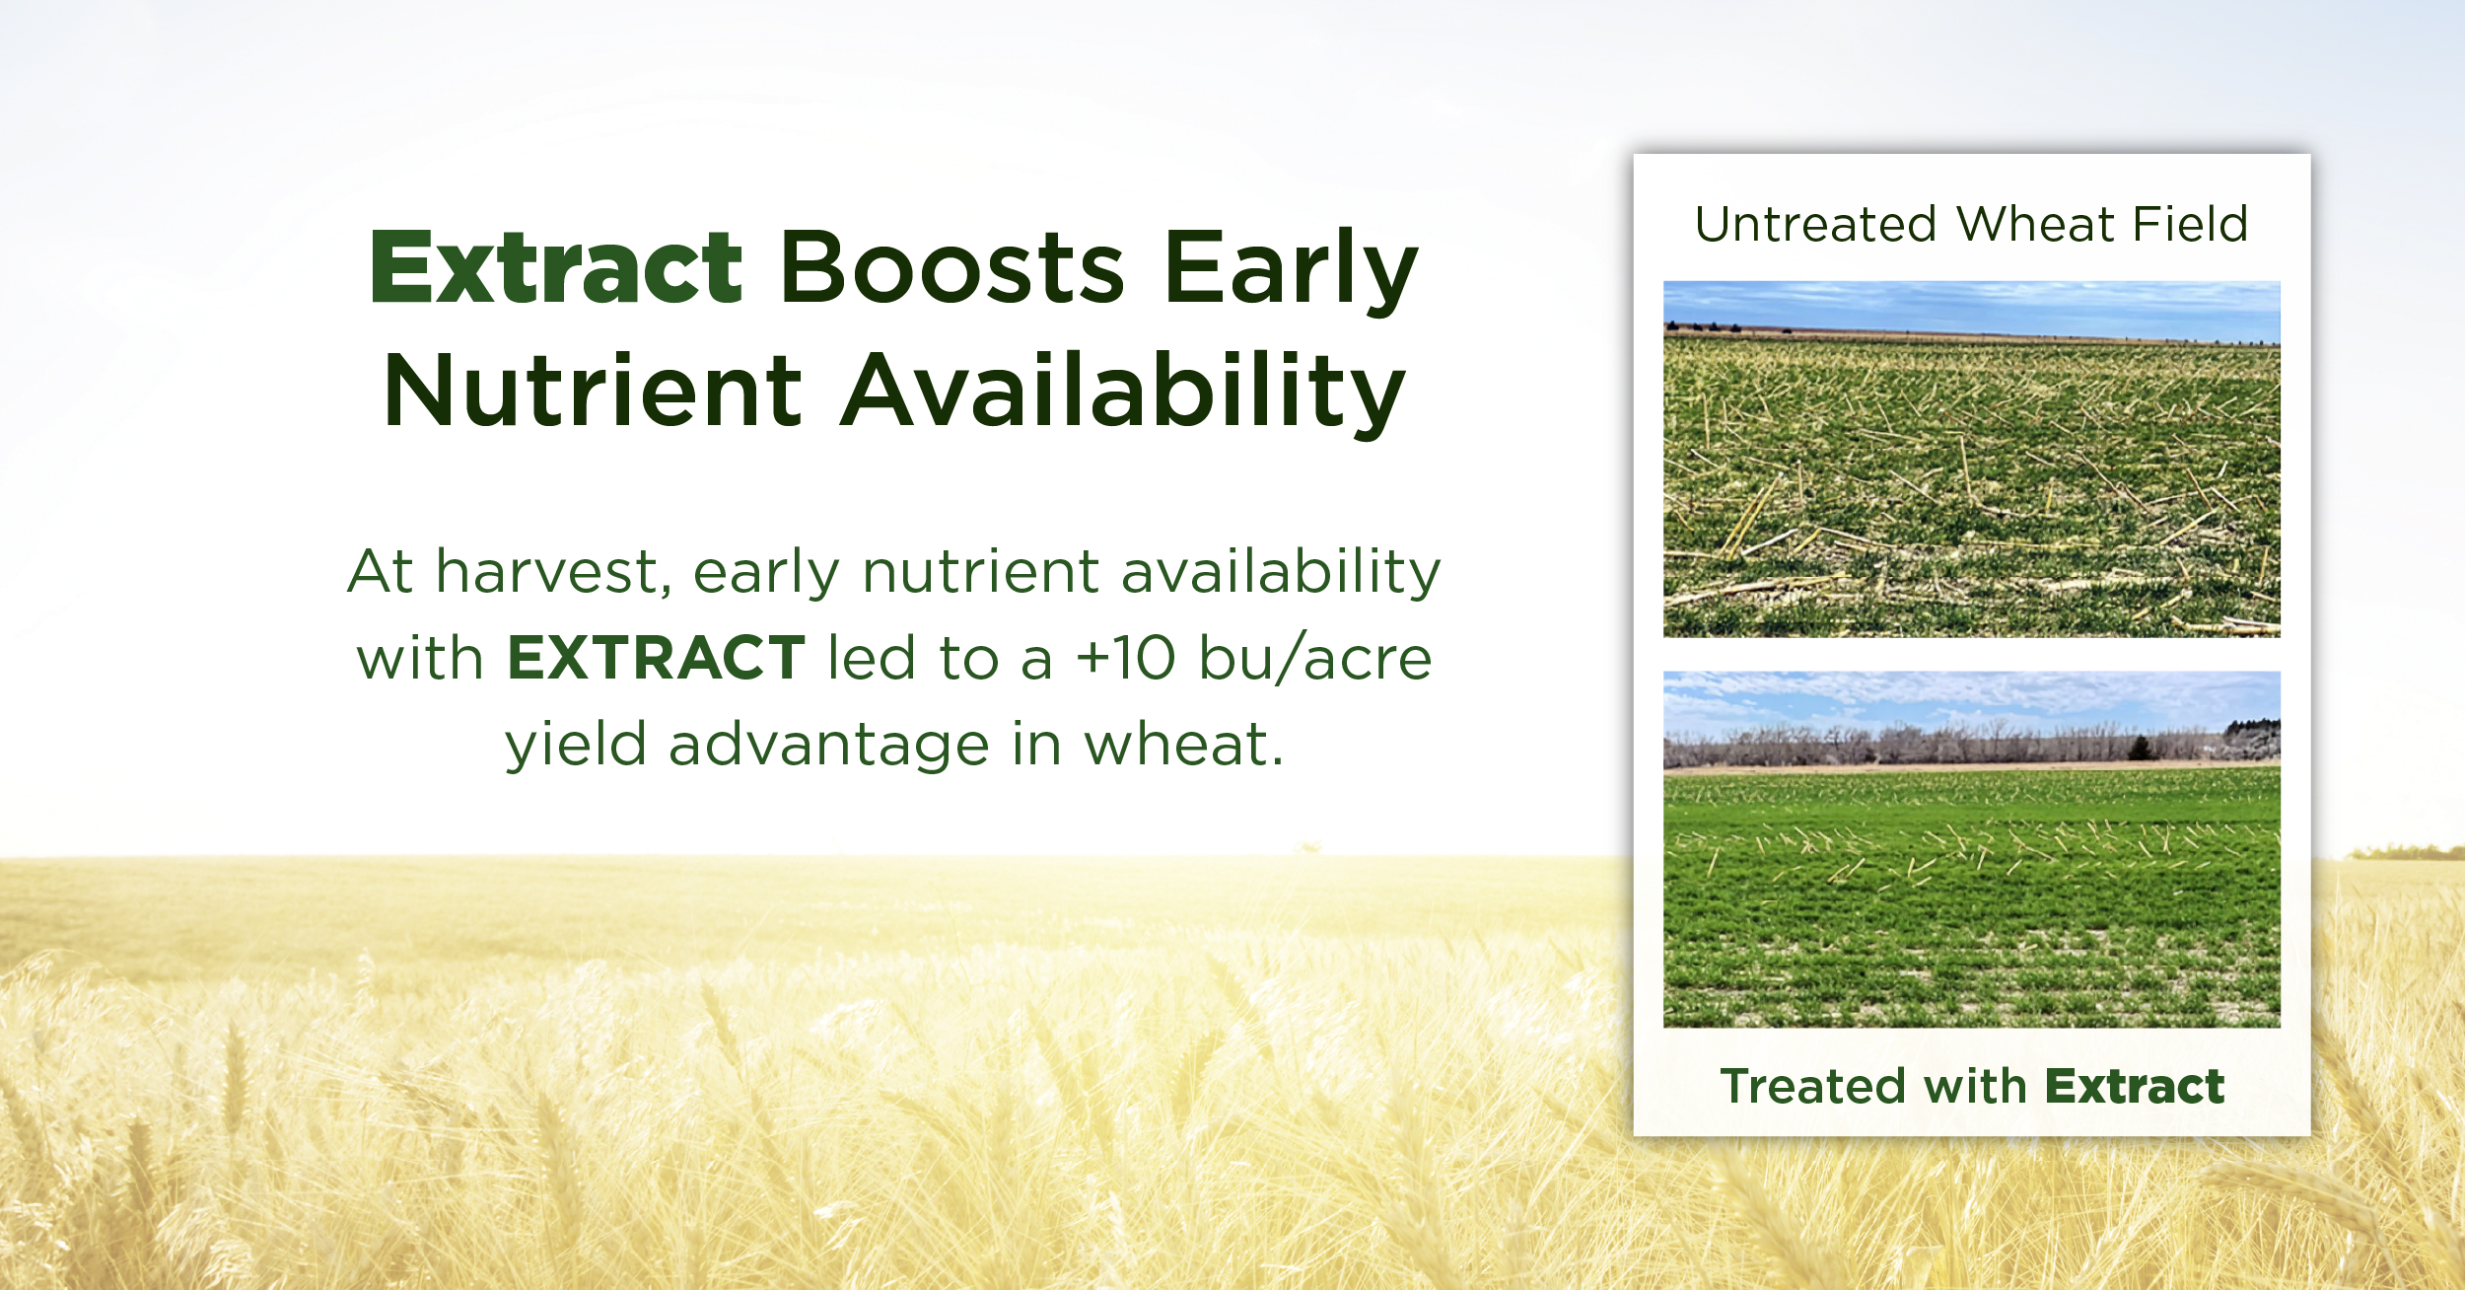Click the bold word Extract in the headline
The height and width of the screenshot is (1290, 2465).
[x=555, y=268]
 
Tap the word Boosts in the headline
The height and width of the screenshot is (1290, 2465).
[x=951, y=268]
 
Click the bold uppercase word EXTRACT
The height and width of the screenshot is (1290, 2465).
[x=656, y=659]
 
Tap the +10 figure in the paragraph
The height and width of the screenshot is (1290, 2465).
[x=1125, y=659]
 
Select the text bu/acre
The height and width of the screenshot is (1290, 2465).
[x=1314, y=659]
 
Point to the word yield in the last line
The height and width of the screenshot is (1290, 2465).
[x=576, y=746]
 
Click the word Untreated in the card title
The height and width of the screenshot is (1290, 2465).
[x=1816, y=225]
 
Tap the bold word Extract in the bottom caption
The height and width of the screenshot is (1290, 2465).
[x=2135, y=1087]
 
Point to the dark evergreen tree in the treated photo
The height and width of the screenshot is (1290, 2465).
[x=2140, y=748]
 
